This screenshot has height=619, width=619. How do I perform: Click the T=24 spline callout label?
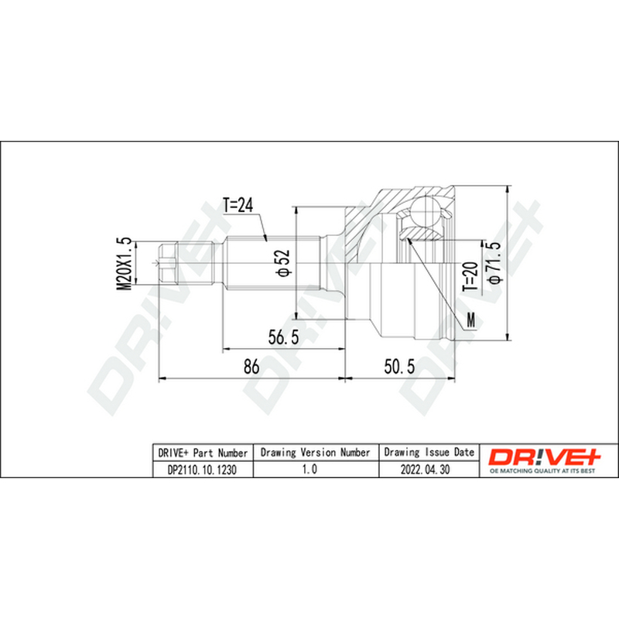click(238, 205)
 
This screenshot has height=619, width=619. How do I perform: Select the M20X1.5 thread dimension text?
click(124, 264)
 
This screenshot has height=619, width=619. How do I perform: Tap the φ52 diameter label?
click(283, 262)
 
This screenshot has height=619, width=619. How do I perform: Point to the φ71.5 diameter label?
click(494, 262)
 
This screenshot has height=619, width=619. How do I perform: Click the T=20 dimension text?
click(470, 277)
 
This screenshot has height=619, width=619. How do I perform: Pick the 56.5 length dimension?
click(283, 337)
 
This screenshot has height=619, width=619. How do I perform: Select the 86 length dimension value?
click(251, 366)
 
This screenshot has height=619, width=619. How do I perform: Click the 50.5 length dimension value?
click(399, 366)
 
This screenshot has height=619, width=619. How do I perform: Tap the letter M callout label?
click(471, 320)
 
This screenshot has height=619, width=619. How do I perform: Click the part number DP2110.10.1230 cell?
click(202, 470)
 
